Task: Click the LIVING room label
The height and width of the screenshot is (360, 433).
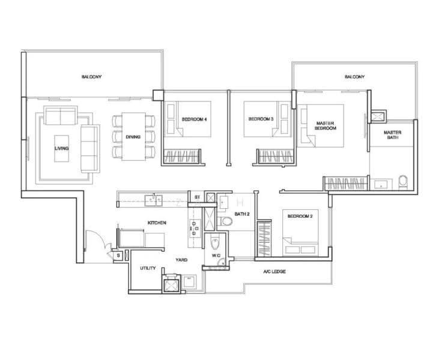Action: point(61,148)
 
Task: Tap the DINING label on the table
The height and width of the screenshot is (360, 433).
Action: point(133,137)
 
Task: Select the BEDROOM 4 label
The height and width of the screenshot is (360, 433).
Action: point(194,119)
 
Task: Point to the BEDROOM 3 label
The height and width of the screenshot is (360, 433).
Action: point(261,119)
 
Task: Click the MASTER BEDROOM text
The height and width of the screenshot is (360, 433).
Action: point(326,126)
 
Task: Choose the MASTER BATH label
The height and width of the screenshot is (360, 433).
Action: point(392,135)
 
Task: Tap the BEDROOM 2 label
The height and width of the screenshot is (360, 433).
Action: point(300,216)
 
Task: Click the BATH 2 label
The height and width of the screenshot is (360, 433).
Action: point(242,214)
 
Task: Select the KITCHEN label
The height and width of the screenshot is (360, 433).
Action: point(157,223)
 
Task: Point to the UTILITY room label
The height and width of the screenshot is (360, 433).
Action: point(148,268)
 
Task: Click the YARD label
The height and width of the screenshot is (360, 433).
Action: point(181,260)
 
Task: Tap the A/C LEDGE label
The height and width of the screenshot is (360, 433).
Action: point(274,272)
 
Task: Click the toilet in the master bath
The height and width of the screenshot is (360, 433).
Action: point(403,182)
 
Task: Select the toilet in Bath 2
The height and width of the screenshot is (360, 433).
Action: point(225,221)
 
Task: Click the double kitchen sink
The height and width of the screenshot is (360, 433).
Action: point(154,200)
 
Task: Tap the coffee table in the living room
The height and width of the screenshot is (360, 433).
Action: point(62,148)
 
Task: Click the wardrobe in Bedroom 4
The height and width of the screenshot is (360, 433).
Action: point(182,156)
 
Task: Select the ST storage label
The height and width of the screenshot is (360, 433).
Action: point(197,197)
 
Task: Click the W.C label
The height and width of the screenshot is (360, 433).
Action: point(216,256)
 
